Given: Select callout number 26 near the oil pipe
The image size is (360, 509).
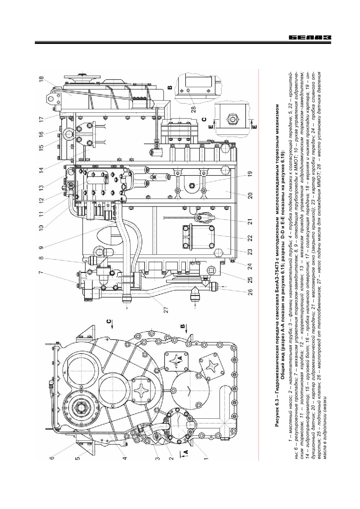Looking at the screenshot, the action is click(250, 291).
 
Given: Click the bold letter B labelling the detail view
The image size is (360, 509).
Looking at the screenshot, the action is click(170, 87).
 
